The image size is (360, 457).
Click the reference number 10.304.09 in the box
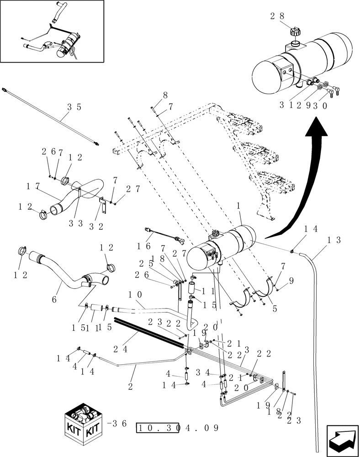[178, 428]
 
